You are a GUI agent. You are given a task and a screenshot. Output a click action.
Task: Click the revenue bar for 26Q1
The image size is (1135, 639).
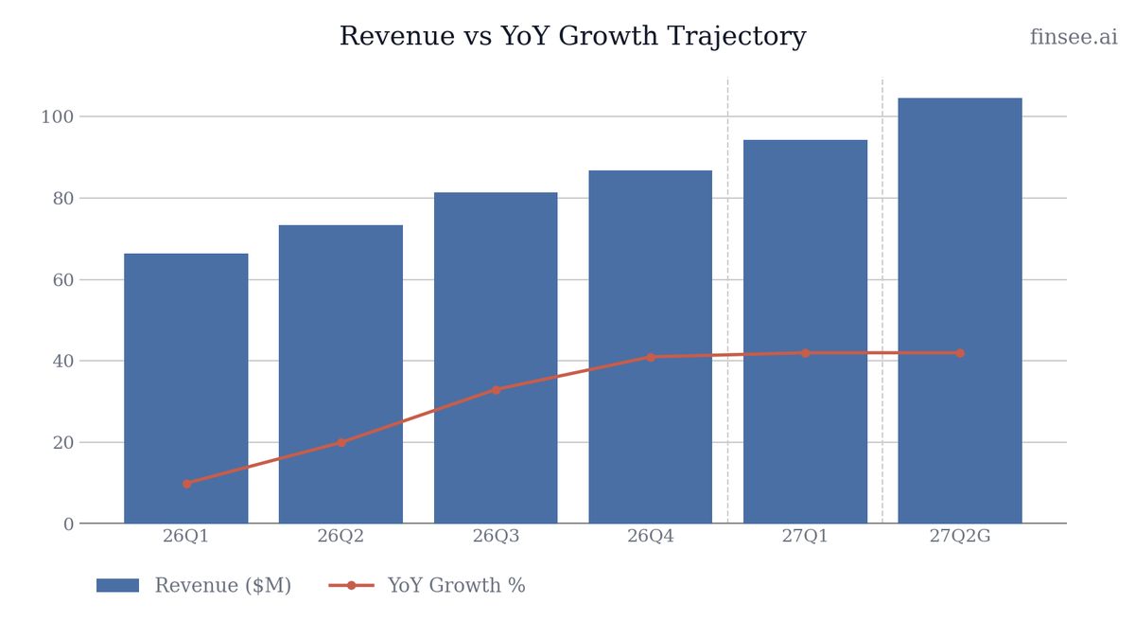(186, 388)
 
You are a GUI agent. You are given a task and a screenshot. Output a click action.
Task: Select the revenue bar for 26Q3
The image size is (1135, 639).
(496, 358)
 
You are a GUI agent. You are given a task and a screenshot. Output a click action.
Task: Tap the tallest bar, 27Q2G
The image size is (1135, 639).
(960, 311)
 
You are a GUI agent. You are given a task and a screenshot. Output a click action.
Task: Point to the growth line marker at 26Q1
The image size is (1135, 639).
(187, 484)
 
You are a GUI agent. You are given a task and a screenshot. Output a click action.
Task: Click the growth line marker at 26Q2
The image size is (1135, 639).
(341, 443)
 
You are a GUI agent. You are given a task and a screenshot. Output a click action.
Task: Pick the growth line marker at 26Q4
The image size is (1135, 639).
(651, 358)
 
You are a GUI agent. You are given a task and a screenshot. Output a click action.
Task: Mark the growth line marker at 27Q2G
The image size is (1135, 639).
(960, 353)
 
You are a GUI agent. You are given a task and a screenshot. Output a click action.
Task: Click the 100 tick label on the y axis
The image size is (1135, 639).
(58, 117)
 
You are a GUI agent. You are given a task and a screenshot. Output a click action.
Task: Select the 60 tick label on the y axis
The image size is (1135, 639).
(63, 280)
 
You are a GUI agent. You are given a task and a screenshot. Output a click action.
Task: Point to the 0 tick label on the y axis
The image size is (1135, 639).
(69, 524)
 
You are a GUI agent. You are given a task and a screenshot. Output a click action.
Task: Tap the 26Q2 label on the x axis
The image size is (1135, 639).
(340, 536)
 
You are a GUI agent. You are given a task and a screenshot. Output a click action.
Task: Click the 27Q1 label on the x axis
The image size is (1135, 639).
(805, 536)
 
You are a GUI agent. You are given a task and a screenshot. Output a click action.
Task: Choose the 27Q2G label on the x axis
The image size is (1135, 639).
(960, 536)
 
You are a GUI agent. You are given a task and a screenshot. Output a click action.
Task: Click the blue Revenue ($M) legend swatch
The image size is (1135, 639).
(117, 585)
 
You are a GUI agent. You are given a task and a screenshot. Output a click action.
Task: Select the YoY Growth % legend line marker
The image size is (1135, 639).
(351, 585)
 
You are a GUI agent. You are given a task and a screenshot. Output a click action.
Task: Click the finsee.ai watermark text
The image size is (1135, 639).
(1074, 37)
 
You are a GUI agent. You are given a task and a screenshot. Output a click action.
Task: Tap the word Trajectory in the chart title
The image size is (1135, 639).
(737, 37)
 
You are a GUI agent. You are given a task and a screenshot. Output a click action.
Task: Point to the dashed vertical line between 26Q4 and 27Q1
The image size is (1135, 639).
(728, 300)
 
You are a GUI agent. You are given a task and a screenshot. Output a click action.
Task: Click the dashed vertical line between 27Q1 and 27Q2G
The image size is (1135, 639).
(882, 300)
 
